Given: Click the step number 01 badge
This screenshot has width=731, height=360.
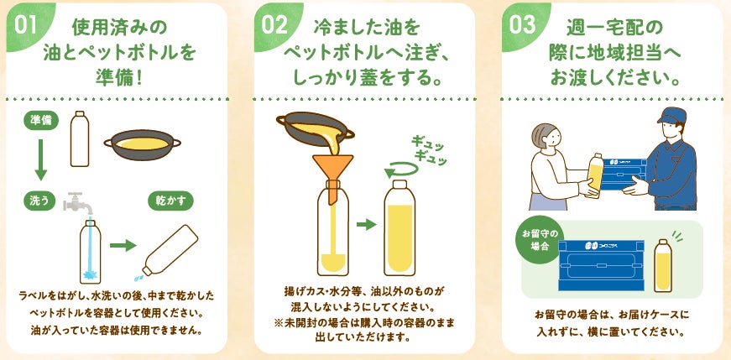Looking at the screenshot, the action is pos(27,24).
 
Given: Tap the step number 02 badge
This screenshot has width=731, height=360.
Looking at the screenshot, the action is pos(275,24).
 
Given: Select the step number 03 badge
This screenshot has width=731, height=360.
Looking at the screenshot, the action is pos(523,24).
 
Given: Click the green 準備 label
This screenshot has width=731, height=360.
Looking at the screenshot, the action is pos(41,121).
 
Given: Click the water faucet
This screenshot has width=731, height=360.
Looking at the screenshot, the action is pos(76,203).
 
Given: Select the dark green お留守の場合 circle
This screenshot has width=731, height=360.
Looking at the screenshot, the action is pos(540,240).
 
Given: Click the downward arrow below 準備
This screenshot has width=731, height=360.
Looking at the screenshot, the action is pos(41,159).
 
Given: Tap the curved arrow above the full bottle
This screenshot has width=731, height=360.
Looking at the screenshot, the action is pos(401,169).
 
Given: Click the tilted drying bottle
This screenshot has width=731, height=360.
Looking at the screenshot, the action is pos(170,250).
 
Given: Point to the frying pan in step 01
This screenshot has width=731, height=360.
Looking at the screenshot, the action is pos(142,144).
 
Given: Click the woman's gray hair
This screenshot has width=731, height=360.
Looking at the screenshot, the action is pos(544,133).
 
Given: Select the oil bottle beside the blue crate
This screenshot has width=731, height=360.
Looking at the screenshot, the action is pos(662,265).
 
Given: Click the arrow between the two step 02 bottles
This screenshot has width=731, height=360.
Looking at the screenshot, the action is pos(367,225).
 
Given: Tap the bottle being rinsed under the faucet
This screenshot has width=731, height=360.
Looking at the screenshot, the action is pos(90,252).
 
